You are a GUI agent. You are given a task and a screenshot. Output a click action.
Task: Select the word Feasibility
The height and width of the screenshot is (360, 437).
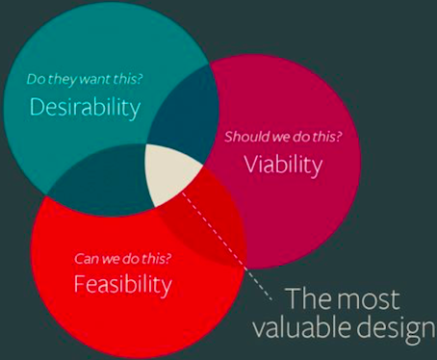tap(122, 284)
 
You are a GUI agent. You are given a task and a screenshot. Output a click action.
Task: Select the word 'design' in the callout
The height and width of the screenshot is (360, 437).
tap(390, 329)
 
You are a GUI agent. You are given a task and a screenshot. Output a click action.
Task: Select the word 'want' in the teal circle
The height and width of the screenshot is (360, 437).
tap(90, 81)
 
